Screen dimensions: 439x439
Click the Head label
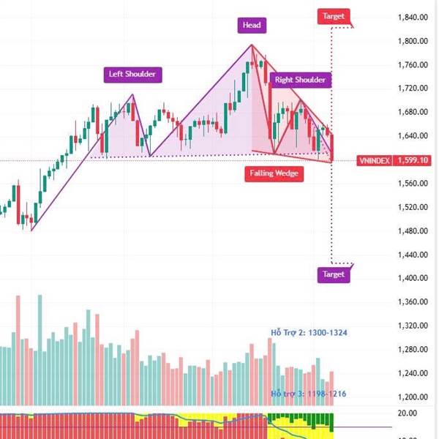pos(252,26)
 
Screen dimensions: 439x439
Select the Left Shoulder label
pos(132,74)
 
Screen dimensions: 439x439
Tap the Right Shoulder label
pos(300,79)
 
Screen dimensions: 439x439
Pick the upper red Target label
pos(333,15)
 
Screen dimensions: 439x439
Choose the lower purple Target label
pos(333,275)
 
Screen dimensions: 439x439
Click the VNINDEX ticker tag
pos(373,160)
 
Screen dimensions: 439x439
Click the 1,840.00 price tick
pos(412,18)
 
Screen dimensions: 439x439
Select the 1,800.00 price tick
pos(412,41)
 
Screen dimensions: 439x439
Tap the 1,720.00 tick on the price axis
pos(412,89)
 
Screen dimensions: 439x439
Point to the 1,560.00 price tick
pos(412,184)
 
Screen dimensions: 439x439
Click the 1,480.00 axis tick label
pos(412,231)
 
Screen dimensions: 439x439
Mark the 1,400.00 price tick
pos(412,279)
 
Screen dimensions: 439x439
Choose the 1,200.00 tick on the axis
pos(412,397)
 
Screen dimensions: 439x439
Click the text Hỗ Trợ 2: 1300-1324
pos(309,333)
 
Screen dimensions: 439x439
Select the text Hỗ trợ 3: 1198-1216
pos(309,394)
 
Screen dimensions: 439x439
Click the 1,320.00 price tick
pos(412,326)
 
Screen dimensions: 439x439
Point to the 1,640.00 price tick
pos(412,136)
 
